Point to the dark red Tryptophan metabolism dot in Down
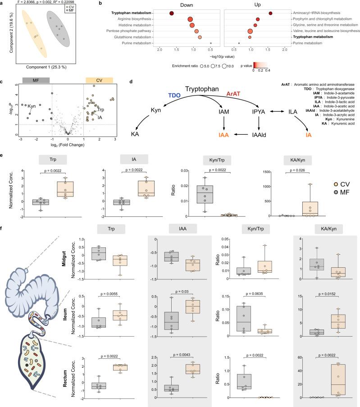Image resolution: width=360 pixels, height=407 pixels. coord(172,13)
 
